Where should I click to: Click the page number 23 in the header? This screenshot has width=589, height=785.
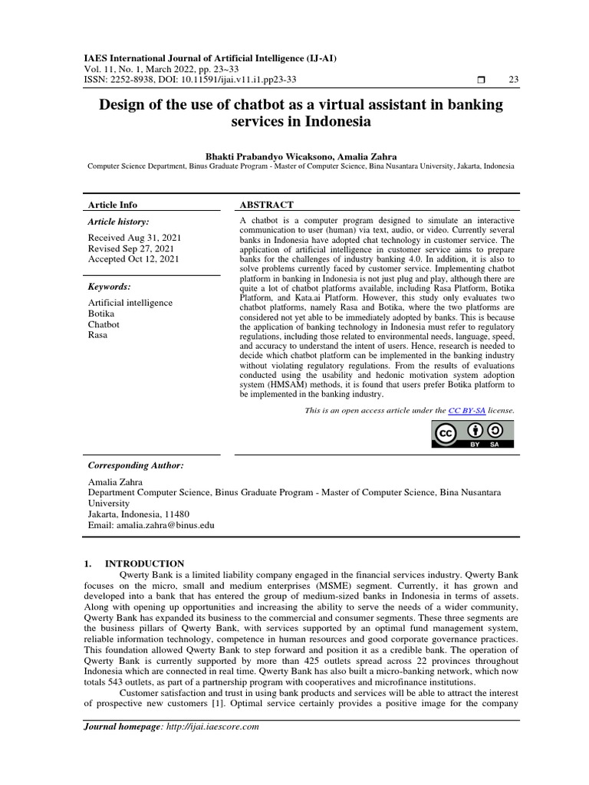514,80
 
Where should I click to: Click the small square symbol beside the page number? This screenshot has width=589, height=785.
481,80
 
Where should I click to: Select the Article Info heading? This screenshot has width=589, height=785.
113,205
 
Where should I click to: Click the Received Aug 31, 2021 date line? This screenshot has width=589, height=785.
132,238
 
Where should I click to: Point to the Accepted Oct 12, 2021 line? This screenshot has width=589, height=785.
133,259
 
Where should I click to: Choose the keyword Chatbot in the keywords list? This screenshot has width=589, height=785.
104,324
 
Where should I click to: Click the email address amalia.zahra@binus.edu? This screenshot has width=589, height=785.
165,525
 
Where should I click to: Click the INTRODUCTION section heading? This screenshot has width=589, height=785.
149,563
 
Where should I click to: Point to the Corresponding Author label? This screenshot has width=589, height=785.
136,465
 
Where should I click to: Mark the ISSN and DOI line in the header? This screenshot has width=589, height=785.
189,80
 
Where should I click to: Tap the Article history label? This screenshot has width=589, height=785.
118,222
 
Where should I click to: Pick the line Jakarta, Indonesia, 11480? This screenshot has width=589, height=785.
139,514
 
